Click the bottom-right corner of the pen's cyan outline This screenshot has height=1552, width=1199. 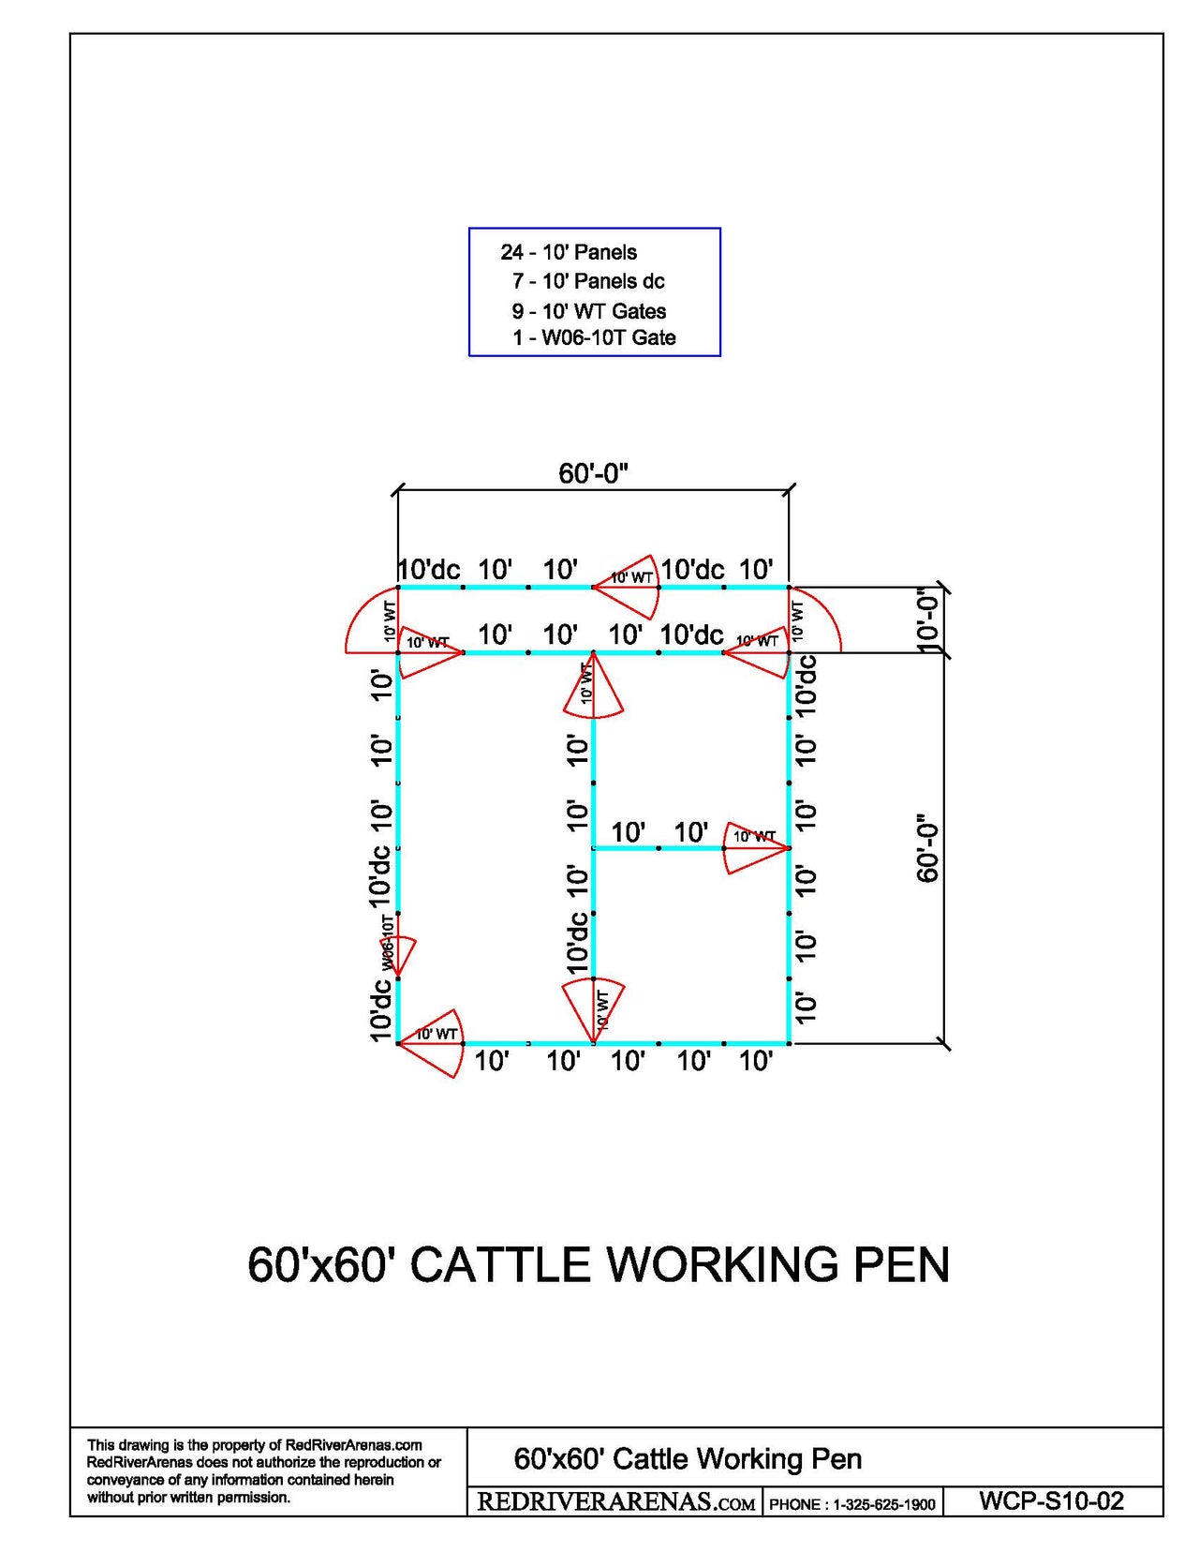pos(789,1043)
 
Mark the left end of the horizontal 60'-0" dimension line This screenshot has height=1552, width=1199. pos(397,491)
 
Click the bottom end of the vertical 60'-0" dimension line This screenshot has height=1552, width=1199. pos(943,1043)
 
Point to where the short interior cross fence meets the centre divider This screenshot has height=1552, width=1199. pos(593,848)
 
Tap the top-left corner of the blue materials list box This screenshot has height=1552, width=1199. pos(469,229)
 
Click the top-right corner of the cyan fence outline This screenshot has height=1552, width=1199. pos(789,587)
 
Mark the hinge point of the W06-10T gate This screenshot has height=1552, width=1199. pos(397,977)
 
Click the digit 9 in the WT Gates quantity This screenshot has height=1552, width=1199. pos(517,311)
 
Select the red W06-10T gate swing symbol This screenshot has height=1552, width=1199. pos(403,948)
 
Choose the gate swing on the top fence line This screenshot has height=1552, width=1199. pos(625,586)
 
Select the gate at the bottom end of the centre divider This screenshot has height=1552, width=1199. pos(593,1010)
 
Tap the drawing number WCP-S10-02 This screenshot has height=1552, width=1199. pos(1051,1500)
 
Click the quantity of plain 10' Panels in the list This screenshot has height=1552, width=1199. pos(511,252)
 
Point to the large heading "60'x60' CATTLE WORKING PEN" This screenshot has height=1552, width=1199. pos(598,1264)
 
